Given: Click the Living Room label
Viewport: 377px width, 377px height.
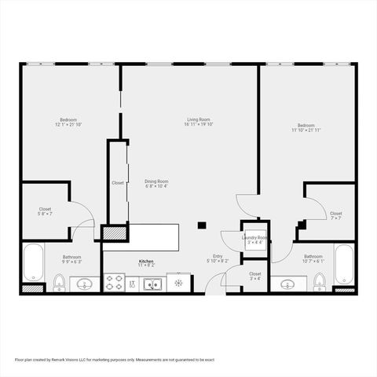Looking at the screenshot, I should click(199, 119).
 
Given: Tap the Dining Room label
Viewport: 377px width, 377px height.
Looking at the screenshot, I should click(157, 181).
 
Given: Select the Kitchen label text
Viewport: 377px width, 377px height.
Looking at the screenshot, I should click(146, 261).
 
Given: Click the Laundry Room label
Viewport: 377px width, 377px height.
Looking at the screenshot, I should click(255, 238).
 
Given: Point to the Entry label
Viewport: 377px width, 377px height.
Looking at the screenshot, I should click(218, 256).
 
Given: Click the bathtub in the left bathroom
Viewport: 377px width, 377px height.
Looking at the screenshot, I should click(33, 262).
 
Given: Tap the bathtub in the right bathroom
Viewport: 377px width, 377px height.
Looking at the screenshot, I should click(344, 263).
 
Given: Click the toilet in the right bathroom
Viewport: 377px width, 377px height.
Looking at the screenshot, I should click(320, 282).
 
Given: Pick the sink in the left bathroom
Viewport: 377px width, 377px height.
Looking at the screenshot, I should click(83, 284).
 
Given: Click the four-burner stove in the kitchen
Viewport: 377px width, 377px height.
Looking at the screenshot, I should click(114, 282).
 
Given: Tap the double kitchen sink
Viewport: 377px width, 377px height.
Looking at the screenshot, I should click(153, 284).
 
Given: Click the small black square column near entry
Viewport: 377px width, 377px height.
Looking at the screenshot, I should click(202, 225).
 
